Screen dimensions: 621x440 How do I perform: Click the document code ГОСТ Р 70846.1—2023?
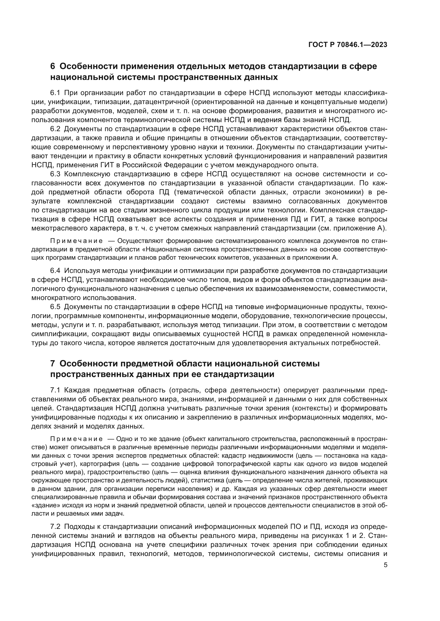(348, 45)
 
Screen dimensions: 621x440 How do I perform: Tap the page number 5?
(385, 565)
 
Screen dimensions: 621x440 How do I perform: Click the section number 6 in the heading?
(53, 66)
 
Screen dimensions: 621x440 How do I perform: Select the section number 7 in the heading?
(53, 363)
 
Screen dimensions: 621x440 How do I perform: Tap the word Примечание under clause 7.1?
(76, 439)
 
